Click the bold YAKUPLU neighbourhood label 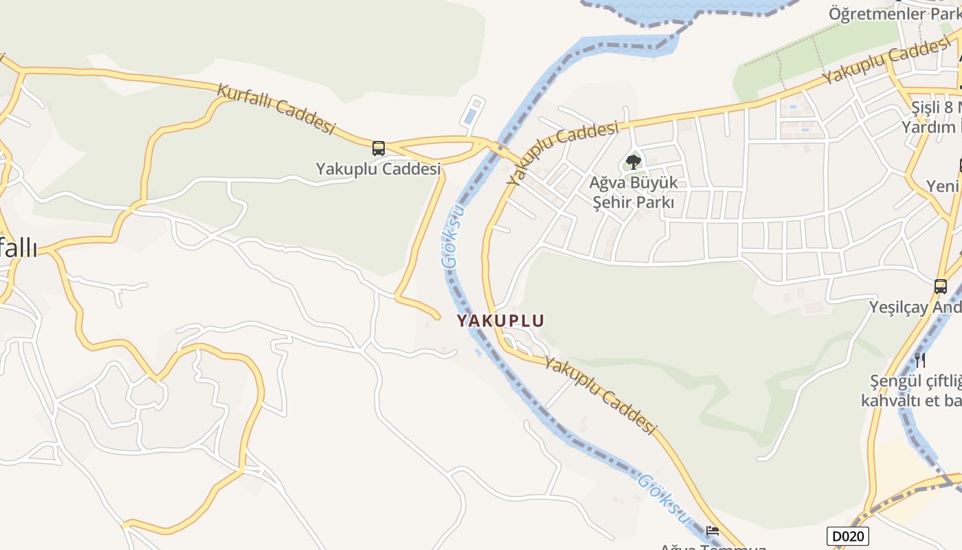pos(500,320)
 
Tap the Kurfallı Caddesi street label pos(276,109)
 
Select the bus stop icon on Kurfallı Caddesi pos(378,148)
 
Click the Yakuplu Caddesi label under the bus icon pos(377,168)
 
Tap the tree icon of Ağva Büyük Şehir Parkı pos(633,162)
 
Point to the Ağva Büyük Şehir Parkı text pos(633,192)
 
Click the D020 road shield pos(847,536)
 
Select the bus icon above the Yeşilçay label pos(941,286)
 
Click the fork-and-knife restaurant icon pos(919,359)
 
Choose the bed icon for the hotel pos(713,530)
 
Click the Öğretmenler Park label pos(894,13)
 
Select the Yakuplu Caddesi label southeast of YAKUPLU pos(600,395)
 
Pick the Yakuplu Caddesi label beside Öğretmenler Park pos(886,62)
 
